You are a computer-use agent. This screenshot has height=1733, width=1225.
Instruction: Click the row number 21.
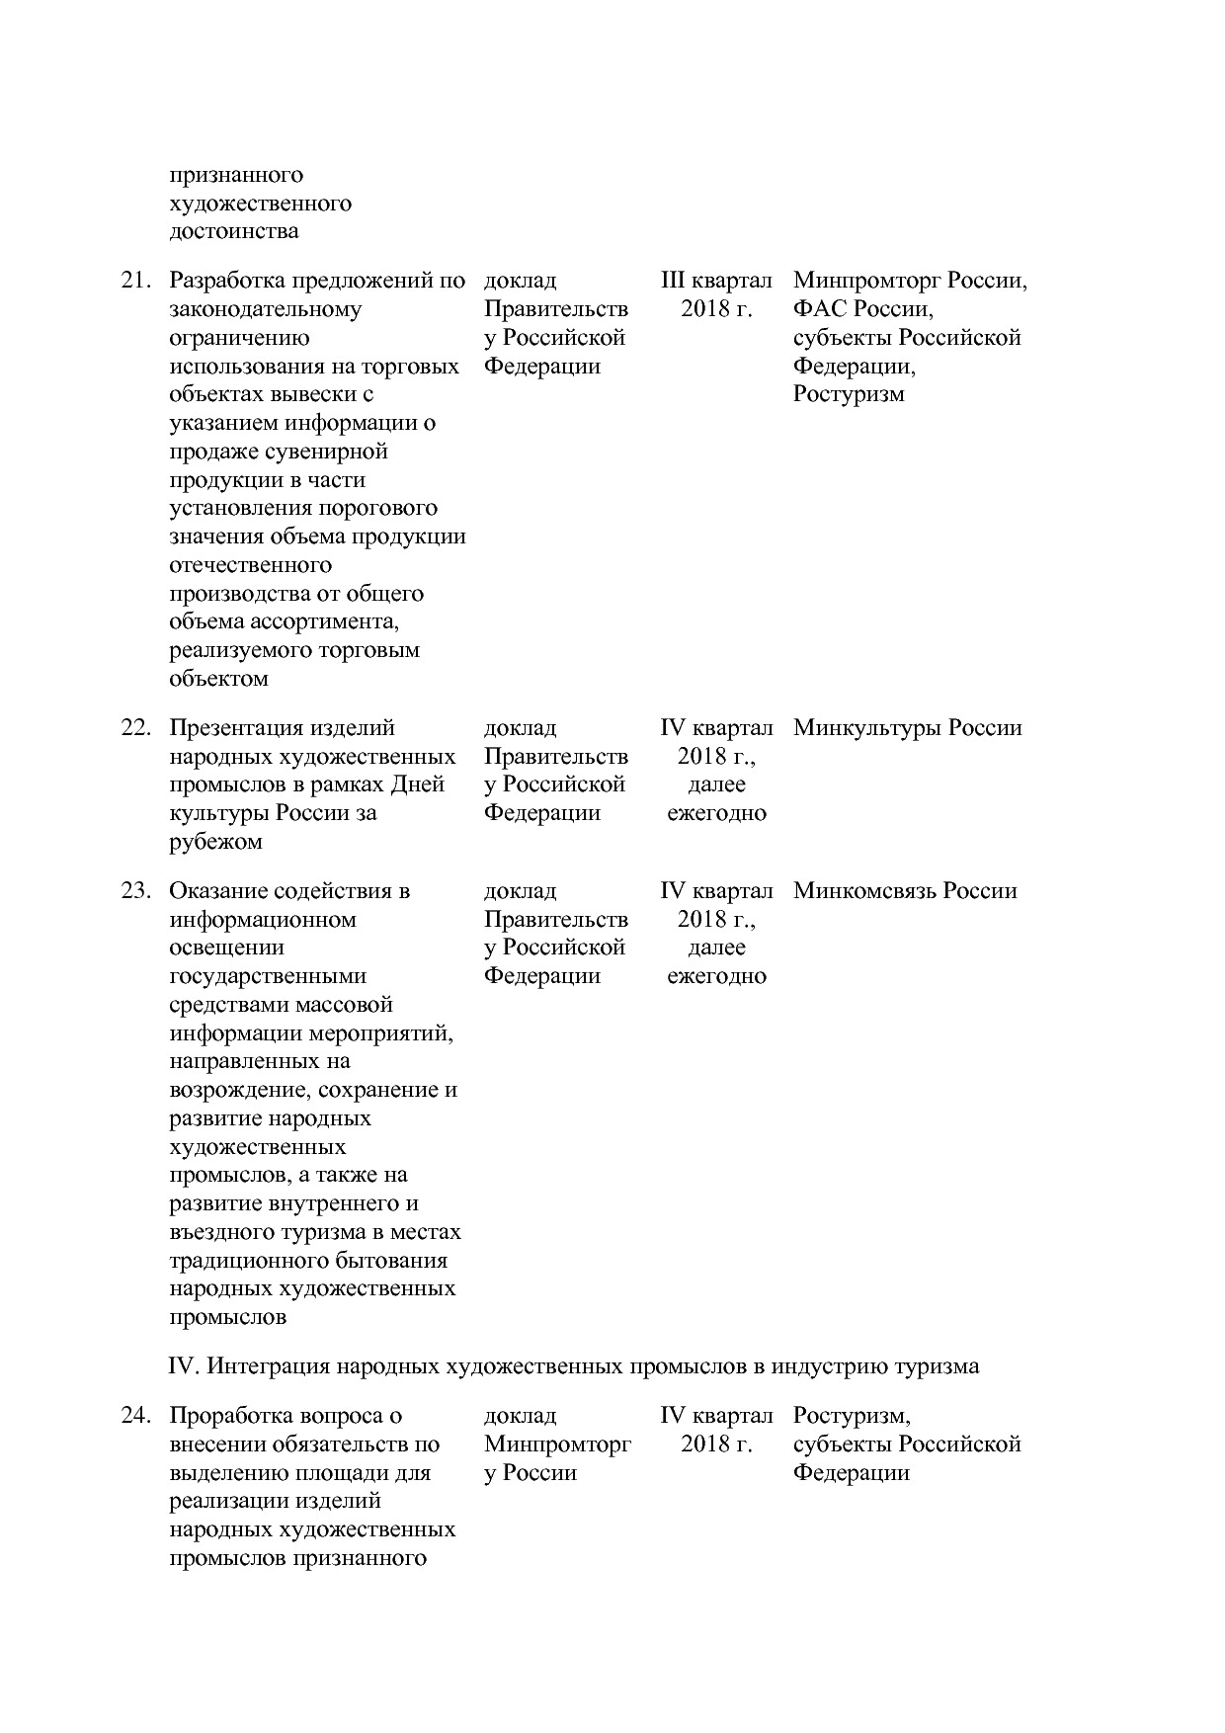pos(135,281)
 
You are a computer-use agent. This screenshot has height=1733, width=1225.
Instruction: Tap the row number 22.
pos(135,728)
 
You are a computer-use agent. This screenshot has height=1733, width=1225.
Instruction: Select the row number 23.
pos(135,891)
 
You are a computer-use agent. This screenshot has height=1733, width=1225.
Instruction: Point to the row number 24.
pos(135,1416)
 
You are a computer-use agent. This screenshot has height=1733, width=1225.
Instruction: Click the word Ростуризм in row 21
pos(848,394)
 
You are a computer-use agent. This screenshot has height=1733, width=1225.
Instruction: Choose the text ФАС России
pos(861,309)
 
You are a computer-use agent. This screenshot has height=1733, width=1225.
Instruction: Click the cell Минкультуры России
pos(907,728)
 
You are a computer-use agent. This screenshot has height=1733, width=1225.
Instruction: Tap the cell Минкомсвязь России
pos(904,891)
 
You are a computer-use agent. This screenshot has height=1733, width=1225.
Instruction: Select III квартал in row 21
pos(716,281)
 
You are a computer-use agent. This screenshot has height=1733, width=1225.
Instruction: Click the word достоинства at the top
pos(234,231)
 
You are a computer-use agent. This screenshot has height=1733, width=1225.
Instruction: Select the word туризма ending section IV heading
pos(937,1366)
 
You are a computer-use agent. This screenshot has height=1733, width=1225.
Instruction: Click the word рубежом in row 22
pos(215,842)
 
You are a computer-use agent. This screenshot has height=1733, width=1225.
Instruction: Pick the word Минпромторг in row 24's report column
pos(557,1444)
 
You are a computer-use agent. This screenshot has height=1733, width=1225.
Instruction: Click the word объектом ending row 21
pos(218,679)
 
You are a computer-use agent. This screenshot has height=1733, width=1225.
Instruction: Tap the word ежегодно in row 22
pos(716,813)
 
